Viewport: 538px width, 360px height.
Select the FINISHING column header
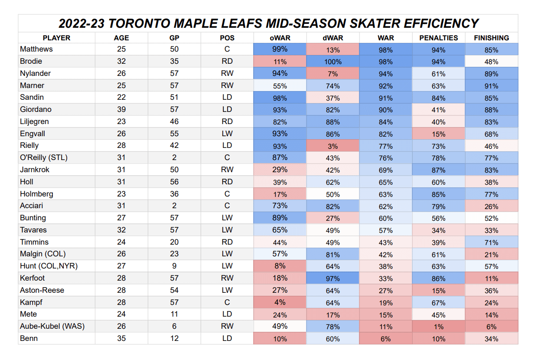[x=491, y=38]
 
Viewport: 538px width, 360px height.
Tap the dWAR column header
[x=333, y=38]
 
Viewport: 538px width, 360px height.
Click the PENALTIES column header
[x=438, y=38]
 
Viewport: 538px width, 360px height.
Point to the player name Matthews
[x=36, y=49]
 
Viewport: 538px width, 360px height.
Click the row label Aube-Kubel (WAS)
[x=52, y=326]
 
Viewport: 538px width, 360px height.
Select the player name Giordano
[x=36, y=110]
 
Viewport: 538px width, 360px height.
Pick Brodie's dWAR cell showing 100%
[x=333, y=62]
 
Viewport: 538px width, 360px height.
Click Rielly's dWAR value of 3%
[x=333, y=146]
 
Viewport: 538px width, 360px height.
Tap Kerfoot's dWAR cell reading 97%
[x=333, y=278]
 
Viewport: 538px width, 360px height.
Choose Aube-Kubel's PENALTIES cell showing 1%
[x=438, y=327]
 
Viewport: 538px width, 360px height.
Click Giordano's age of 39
[x=121, y=110]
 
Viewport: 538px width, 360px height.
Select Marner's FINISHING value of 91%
[x=491, y=86]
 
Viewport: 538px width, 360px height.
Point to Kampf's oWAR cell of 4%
[x=280, y=302]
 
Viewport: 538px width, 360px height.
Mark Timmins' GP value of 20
[x=174, y=242]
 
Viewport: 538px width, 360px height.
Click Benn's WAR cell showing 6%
[x=385, y=339]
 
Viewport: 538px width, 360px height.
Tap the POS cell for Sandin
[x=227, y=98]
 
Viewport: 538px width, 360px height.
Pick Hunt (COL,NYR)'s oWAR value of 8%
[x=280, y=266]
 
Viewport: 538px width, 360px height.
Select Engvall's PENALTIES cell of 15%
[x=438, y=134]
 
